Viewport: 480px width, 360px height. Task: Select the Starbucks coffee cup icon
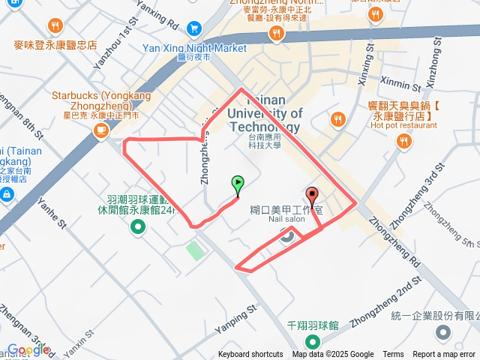tap(100, 130)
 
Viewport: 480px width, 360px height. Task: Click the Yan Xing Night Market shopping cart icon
tap(194, 28)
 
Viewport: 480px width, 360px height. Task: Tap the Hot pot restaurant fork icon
tap(405, 140)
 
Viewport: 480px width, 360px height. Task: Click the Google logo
tap(28, 349)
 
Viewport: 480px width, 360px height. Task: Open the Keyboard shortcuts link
tap(250, 355)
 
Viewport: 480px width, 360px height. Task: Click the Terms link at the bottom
tap(393, 355)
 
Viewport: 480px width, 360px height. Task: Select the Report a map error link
tap(444, 355)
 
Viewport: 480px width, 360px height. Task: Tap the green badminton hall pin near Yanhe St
tap(136, 228)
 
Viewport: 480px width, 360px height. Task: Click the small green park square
tap(194, 250)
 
